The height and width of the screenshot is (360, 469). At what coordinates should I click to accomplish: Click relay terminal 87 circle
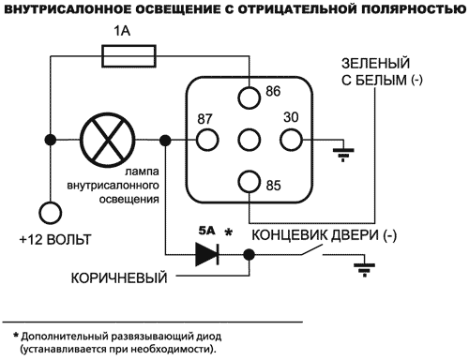click(204, 141)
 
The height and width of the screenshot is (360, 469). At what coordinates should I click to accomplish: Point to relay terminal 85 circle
click(249, 181)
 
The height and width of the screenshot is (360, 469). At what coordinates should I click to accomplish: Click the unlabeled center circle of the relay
click(249, 141)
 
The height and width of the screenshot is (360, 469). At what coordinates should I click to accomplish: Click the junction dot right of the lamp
click(165, 142)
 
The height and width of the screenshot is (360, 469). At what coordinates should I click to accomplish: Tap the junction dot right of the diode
click(249, 254)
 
